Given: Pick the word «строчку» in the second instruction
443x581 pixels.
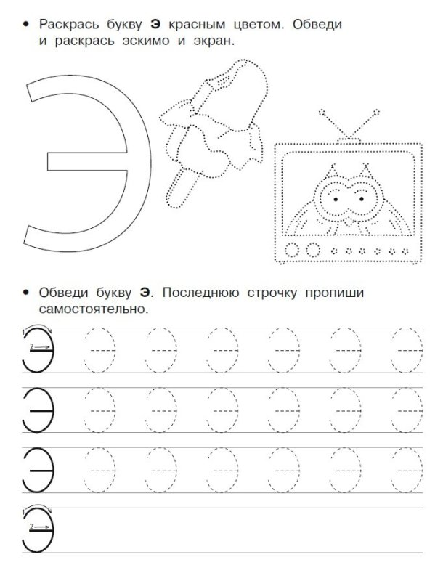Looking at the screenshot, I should pyautogui.click(x=280, y=293).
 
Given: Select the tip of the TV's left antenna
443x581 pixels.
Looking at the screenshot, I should pyautogui.click(x=320, y=112).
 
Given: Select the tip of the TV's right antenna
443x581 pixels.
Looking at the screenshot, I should pyautogui.click(x=376, y=112).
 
